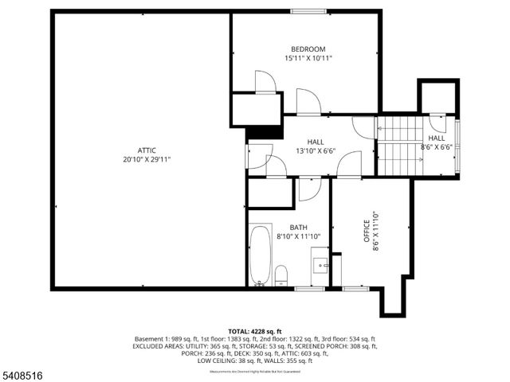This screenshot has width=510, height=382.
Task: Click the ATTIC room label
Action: coord(145,150)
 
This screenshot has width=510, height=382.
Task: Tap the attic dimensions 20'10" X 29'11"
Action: coord(145,159)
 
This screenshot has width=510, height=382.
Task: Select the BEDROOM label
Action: coord(308,49)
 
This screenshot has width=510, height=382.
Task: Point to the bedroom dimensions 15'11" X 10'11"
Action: coord(308,58)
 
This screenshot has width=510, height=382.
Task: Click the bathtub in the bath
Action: coord(260,255)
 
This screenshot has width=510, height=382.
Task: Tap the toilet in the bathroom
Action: coord(280,276)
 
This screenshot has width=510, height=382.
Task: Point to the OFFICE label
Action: coord(367,236)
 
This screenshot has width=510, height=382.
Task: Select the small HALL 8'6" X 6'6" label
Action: coord(437,142)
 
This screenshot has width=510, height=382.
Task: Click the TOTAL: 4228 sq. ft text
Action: coord(255,331)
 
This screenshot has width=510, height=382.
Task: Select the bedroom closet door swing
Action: coord(265,81)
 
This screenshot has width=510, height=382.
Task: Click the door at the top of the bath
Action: coord(308,188)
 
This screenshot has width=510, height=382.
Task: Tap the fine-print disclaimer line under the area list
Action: coord(255,371)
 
